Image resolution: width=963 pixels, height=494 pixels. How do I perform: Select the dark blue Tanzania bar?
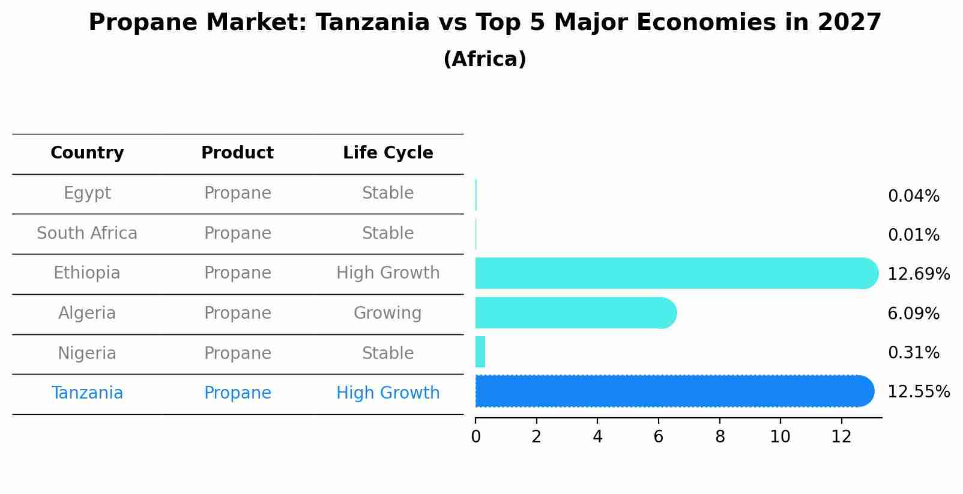coord(672,391)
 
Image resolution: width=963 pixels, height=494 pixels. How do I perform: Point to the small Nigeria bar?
coord(480,352)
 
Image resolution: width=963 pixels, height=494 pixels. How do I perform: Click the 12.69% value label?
coord(918,274)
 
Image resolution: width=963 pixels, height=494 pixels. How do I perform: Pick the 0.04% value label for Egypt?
coord(913,196)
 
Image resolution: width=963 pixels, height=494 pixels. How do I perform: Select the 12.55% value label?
coord(918,392)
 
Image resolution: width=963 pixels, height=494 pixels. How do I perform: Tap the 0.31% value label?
coord(913,353)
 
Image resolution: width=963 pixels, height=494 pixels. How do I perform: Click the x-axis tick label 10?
coord(780,437)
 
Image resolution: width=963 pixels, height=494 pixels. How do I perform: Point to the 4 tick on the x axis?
coord(597,437)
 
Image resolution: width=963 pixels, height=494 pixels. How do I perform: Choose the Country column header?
coord(87,153)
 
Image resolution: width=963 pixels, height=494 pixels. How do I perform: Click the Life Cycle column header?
coord(388,153)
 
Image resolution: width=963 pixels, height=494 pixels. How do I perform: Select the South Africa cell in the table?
coord(87,233)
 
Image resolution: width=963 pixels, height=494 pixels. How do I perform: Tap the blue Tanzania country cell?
coord(87,393)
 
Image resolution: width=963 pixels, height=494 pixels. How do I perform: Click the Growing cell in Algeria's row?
coord(388,313)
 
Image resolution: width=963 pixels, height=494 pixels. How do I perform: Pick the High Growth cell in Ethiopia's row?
coord(388,273)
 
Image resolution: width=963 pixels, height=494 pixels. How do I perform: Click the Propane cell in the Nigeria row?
coord(238,354)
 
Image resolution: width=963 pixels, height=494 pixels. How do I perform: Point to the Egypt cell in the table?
coord(87,193)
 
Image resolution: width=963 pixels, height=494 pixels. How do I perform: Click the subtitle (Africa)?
coord(485,59)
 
